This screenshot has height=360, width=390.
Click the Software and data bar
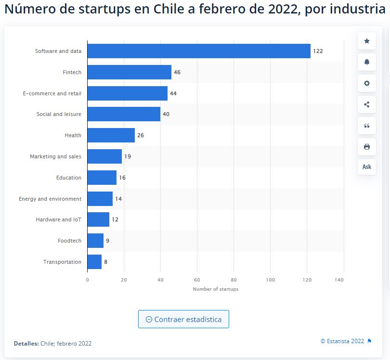coord(199,51)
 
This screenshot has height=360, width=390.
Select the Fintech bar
coord(129,72)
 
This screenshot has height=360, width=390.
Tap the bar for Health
coord(111,135)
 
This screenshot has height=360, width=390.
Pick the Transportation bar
coord(94,262)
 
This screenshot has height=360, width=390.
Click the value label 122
coord(318,51)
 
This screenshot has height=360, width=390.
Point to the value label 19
coord(128,156)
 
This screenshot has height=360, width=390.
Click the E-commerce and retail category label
coord(52,93)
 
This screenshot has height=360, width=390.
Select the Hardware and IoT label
coord(59,219)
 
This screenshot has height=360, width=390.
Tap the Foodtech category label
coord(69,241)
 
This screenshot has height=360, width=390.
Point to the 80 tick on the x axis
coord(234,280)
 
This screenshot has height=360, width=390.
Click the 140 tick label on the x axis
coord(343,280)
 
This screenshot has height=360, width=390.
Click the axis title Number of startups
coord(215,289)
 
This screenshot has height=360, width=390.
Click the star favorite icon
coord(367,41)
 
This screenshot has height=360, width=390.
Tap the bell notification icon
coord(367,62)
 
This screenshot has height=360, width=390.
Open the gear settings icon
coord(367,83)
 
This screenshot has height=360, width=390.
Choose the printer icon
coord(367,147)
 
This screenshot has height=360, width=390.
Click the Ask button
coord(367,167)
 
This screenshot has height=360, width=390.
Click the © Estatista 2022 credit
coord(342,341)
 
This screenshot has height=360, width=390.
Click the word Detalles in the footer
coord(26,344)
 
